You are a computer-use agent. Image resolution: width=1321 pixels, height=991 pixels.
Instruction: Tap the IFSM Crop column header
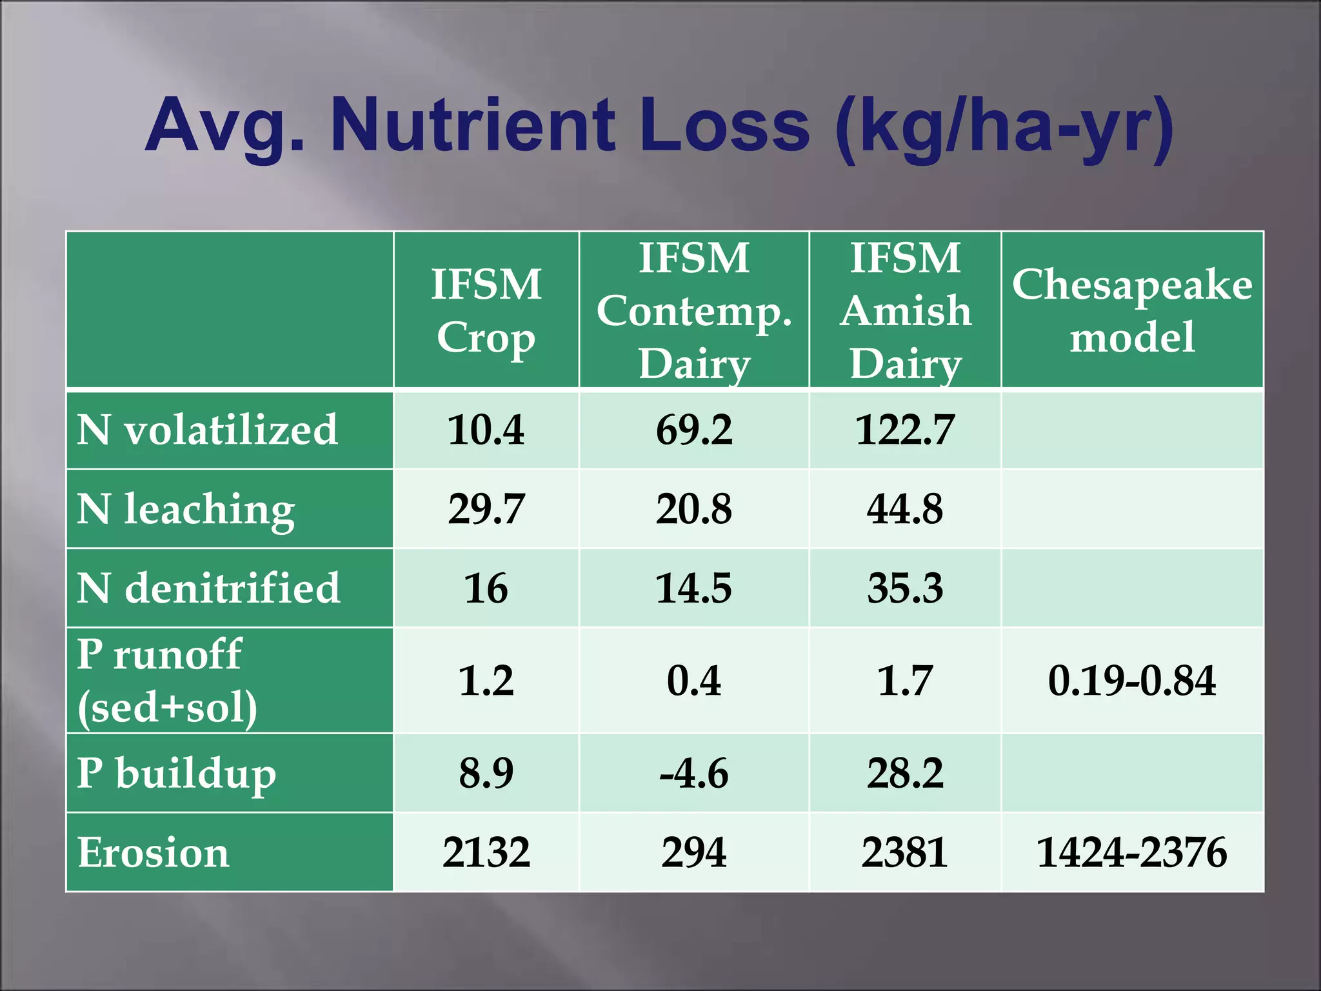click(x=486, y=310)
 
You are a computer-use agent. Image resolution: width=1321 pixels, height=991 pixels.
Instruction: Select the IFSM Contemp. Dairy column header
click(x=694, y=310)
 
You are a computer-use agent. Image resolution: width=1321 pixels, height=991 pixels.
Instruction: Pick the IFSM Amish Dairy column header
click(x=905, y=310)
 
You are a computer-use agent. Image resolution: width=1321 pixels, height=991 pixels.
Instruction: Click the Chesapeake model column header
click(x=1132, y=310)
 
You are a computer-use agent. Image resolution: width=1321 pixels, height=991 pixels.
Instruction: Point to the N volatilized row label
click(x=207, y=430)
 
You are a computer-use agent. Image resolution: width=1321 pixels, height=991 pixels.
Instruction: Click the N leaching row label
click(x=186, y=509)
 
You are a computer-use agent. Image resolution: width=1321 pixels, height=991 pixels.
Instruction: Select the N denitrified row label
click(x=208, y=588)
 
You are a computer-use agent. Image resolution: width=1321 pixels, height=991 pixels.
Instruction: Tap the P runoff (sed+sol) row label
click(x=168, y=680)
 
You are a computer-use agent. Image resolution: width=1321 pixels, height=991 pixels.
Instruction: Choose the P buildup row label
click(x=176, y=773)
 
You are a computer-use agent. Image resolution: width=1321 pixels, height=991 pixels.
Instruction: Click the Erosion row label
click(x=154, y=852)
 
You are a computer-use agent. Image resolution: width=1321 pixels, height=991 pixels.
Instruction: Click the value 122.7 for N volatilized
click(x=905, y=430)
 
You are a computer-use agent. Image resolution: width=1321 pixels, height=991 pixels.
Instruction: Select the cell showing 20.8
click(x=694, y=509)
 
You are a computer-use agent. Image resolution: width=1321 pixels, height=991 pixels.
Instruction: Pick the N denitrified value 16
click(x=486, y=588)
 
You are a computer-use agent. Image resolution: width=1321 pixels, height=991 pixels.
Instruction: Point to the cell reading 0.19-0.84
click(x=1132, y=680)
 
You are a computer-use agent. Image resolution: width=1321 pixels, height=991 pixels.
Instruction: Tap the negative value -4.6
click(x=694, y=773)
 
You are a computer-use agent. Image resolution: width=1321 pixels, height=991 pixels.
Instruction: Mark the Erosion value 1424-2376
click(x=1132, y=852)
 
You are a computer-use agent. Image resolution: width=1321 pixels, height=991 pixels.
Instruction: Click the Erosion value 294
click(x=694, y=852)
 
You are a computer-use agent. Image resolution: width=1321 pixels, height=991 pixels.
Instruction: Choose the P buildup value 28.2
click(x=905, y=773)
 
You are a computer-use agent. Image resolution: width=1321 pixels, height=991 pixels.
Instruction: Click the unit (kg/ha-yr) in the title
click(x=1003, y=126)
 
